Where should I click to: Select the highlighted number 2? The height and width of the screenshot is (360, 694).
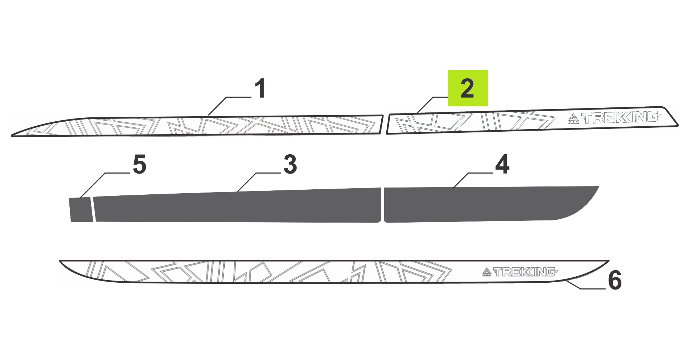(468, 88)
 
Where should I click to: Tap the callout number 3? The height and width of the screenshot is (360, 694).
(290, 165)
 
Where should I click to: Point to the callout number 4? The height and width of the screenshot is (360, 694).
(502, 165)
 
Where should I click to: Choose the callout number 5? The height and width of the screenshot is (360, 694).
(139, 165)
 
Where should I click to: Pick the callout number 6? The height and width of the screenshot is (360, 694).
(615, 280)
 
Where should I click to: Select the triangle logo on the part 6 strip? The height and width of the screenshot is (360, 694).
(487, 272)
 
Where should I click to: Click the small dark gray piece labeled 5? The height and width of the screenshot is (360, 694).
(81, 209)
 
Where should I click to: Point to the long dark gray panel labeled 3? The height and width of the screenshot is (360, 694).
(236, 206)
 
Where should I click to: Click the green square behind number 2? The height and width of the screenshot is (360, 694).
(468, 88)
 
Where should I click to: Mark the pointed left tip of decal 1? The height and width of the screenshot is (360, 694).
(12, 135)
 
